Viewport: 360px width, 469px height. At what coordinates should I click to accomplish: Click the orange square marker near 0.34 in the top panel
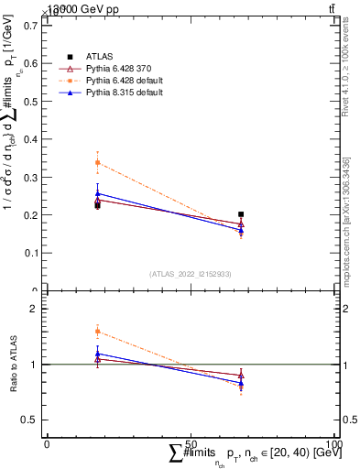coord(97,163)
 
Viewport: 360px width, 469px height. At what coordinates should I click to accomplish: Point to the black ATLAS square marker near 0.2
coord(241,214)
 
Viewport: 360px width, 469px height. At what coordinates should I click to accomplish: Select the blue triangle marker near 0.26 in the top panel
coord(97,193)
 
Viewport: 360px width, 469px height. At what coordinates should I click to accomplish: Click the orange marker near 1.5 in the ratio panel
coord(97,332)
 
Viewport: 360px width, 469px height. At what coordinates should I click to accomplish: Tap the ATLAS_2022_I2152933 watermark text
coord(190,274)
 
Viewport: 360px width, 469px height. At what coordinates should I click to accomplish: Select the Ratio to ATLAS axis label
coord(15,364)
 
